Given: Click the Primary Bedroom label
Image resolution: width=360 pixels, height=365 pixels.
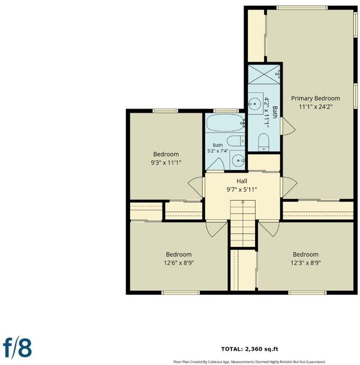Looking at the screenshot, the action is point(315,98).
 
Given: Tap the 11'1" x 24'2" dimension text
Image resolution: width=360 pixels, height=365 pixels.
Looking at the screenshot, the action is point(315,107).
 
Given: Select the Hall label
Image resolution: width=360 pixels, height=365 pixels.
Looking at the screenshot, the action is point(242,181).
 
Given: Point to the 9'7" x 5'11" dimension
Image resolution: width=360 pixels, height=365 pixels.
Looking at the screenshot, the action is point(242,189).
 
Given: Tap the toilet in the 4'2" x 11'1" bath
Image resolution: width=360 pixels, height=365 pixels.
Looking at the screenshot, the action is point(264,142).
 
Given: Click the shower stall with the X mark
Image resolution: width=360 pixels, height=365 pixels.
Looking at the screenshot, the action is point(264,74).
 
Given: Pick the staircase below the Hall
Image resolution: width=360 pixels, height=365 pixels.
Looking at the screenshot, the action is point(242,224).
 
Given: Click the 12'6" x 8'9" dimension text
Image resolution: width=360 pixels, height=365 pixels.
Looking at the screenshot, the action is point(179,263).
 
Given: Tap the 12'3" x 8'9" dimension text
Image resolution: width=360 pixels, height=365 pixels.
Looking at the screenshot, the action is point(305,263).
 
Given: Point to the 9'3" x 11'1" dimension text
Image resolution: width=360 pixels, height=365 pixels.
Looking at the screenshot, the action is point(166,162).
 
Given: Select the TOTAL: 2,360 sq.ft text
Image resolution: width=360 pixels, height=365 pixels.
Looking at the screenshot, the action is point(250,349).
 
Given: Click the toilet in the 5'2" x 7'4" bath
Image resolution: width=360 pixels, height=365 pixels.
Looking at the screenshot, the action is point(236,141).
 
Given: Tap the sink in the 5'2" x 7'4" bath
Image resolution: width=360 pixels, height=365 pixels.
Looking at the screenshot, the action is point(237,160).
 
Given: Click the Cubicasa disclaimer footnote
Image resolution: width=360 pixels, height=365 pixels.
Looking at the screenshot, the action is point(250,362).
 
